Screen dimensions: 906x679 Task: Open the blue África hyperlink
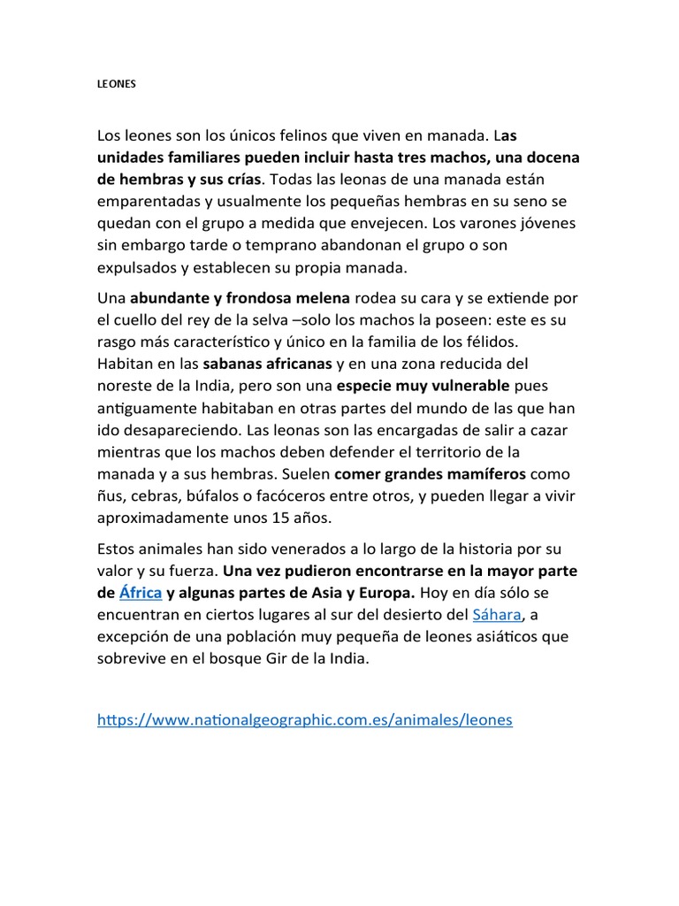click(x=140, y=593)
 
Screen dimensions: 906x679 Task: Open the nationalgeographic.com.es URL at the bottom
click(x=305, y=720)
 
